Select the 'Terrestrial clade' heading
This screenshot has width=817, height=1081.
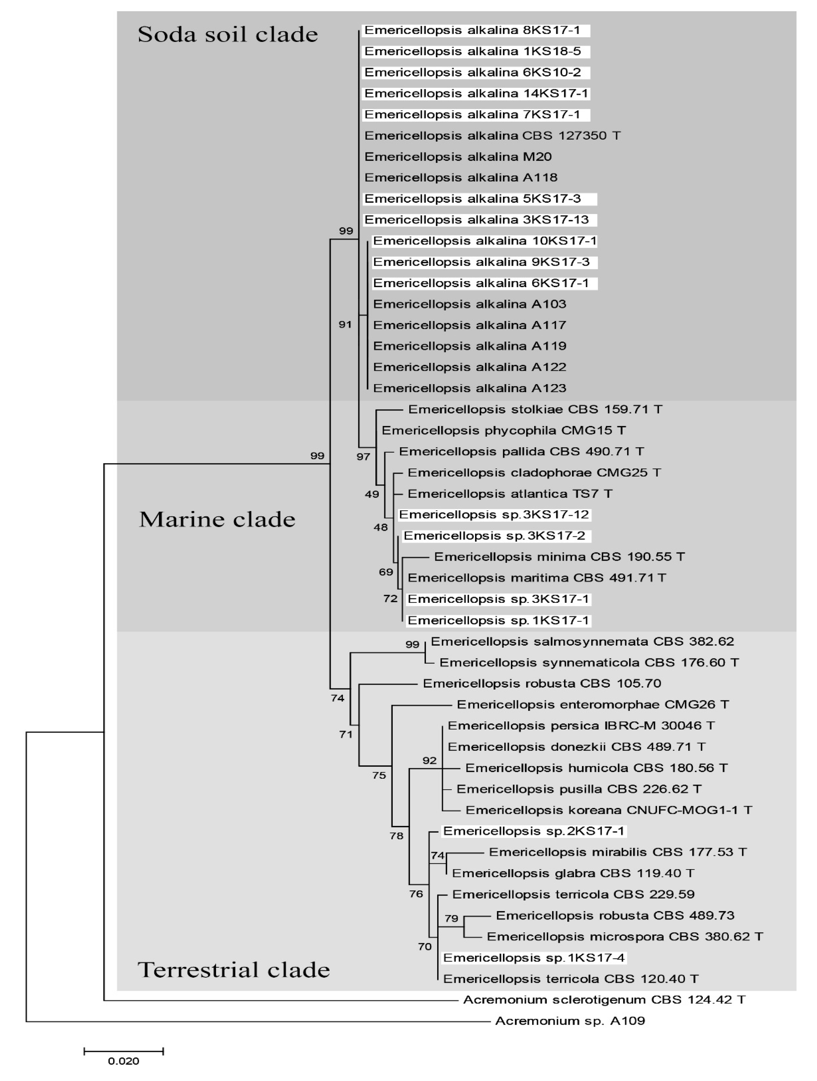pos(234,970)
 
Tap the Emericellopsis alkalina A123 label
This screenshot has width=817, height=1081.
pos(469,388)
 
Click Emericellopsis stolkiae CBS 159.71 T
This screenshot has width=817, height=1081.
pos(535,409)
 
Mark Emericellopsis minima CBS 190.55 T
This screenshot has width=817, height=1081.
pos(559,557)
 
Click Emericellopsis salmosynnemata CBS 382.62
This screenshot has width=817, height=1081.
pos(582,641)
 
